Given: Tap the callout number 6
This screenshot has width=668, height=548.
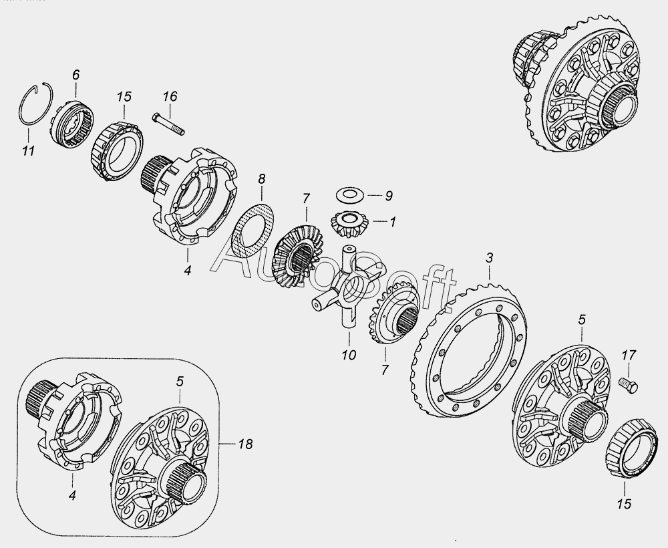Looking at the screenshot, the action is click(x=75, y=75).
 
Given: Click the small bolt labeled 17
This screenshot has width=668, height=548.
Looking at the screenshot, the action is click(x=629, y=385).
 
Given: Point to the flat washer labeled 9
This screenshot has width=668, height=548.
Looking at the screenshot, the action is click(x=349, y=195).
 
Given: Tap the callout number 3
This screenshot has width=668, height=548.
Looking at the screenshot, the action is click(x=490, y=258).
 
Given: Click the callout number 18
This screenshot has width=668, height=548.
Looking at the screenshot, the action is click(x=245, y=444).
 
